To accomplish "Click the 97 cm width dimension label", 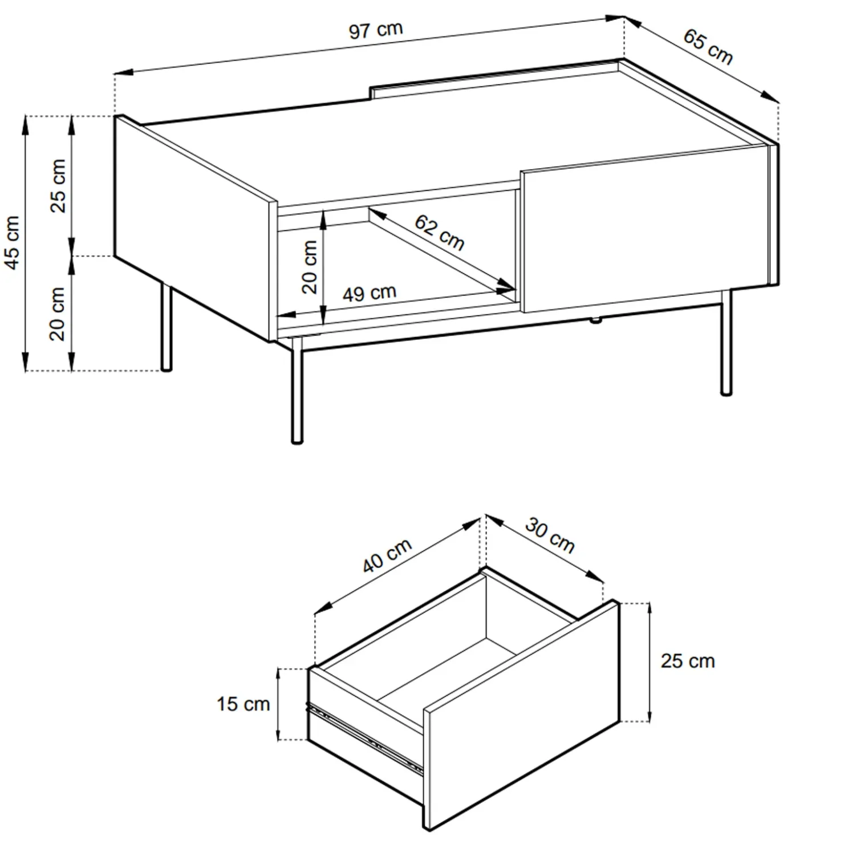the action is click(376, 30).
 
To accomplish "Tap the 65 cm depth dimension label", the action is click(708, 47).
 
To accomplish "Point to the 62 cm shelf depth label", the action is click(439, 232).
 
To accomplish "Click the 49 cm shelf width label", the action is click(370, 293).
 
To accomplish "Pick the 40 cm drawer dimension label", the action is click(387, 555).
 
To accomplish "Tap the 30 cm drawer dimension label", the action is click(549, 535).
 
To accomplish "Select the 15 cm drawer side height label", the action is click(243, 704).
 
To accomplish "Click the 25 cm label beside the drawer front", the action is click(688, 661).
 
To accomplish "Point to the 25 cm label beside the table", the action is click(58, 186).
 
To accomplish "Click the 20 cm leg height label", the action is click(58, 314).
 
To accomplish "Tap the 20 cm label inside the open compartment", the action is click(309, 267).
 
